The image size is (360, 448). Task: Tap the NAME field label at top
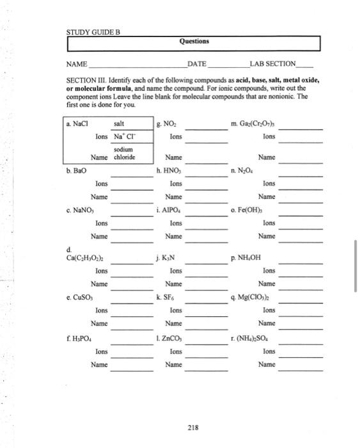click(x=77, y=64)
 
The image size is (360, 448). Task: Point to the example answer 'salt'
click(x=119, y=124)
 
